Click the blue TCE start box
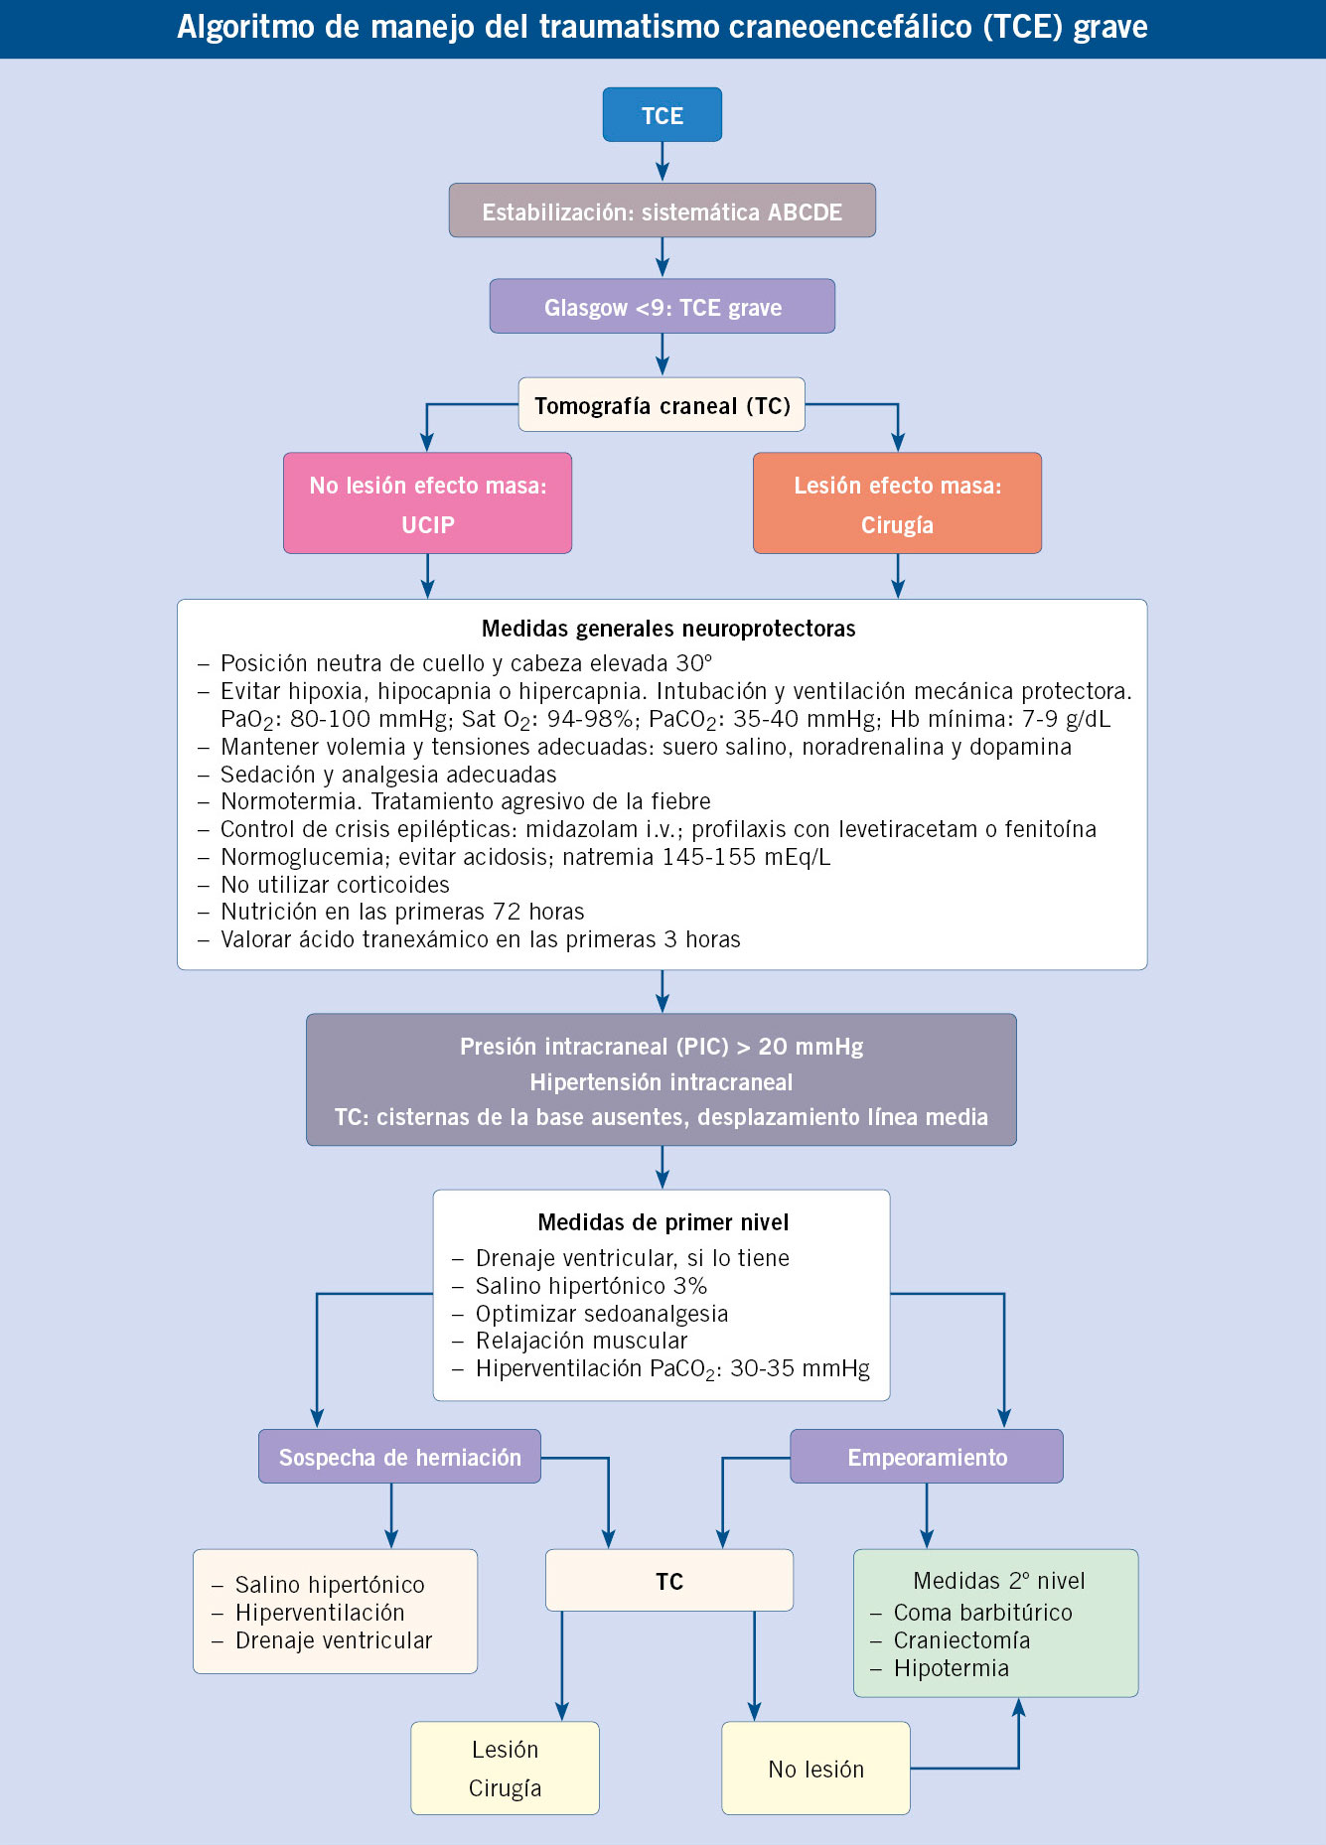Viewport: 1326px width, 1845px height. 663,114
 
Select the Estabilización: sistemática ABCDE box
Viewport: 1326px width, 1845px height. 663,211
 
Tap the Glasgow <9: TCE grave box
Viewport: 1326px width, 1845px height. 663,306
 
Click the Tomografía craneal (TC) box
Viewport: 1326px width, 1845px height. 662,404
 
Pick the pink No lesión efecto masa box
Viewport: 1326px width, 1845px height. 427,503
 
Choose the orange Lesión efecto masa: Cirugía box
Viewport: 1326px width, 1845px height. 897,503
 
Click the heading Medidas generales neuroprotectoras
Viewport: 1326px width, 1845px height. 668,629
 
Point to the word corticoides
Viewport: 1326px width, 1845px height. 391,885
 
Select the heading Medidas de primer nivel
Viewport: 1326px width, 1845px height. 663,1222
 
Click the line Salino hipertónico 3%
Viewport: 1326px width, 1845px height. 591,1286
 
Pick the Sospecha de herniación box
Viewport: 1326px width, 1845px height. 399,1457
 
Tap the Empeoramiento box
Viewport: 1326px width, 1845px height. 927,1457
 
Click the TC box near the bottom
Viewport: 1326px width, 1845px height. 669,1580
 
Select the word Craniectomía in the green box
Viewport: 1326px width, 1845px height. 961,1640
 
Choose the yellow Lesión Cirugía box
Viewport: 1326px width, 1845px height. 506,1768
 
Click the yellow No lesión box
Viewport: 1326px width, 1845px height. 815,1768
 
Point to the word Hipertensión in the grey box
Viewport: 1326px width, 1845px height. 593,1082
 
